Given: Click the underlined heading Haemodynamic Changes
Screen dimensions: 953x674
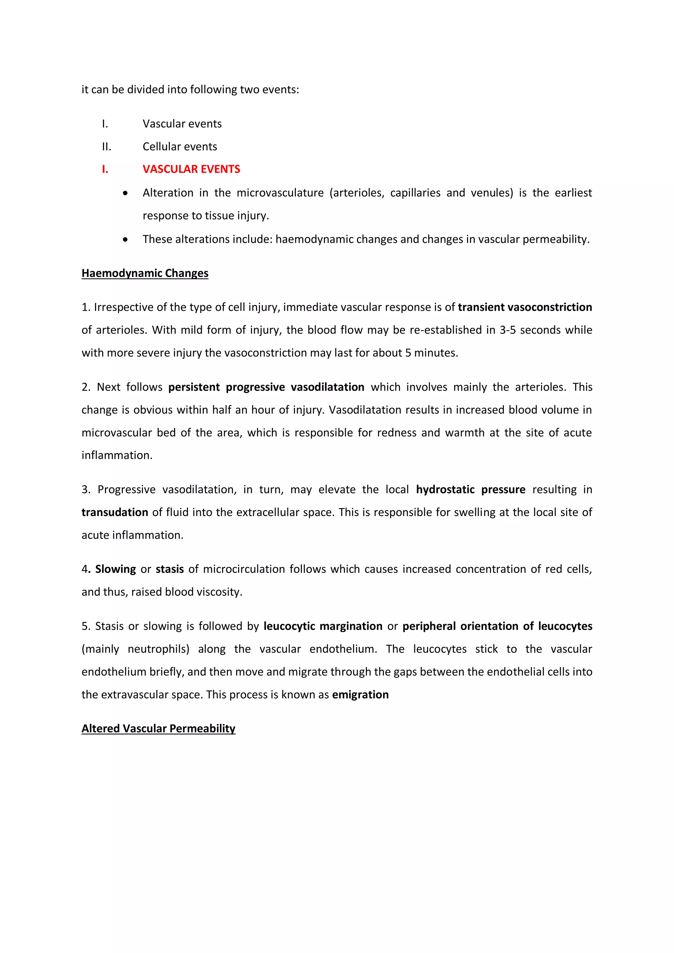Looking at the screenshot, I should (145, 273).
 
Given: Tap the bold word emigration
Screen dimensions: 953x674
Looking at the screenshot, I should (360, 694).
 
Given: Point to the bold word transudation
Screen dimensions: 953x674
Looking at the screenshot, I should (115, 512).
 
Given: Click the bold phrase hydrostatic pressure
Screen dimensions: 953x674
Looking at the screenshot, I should (471, 489).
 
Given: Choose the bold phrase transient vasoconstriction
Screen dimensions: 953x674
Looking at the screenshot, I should (525, 307).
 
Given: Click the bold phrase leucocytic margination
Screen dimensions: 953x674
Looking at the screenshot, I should (323, 626).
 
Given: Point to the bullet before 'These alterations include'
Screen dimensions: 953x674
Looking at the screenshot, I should (125, 240).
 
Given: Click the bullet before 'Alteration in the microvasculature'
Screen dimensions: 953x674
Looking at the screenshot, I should (125, 193).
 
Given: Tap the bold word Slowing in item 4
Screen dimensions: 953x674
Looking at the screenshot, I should (116, 569).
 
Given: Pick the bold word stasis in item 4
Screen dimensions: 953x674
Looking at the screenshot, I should (170, 569).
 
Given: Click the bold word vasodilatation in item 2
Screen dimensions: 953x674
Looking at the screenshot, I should (327, 387).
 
